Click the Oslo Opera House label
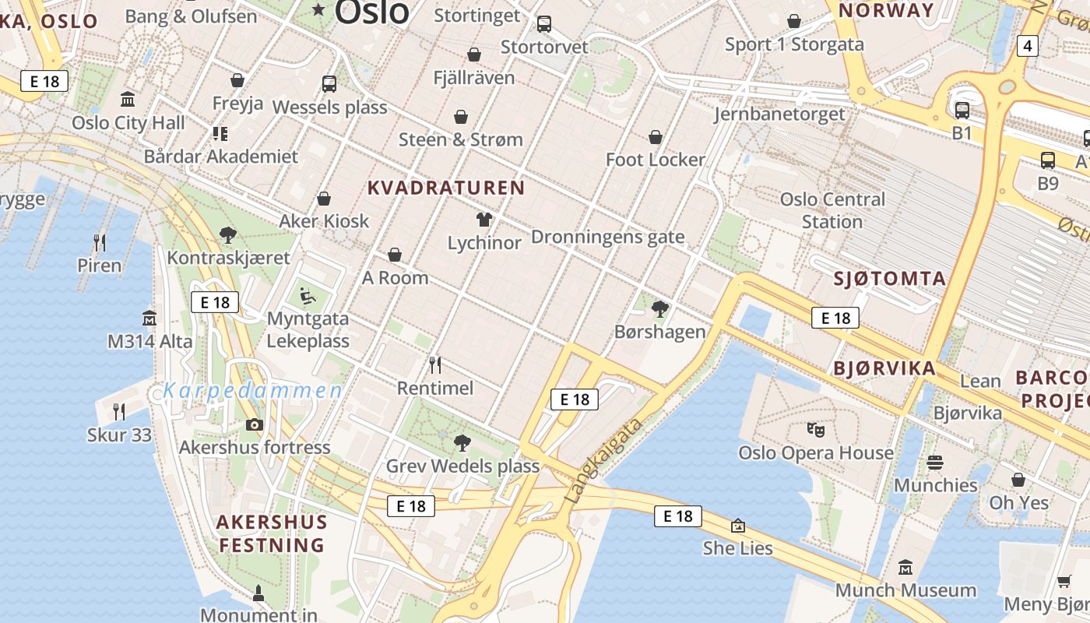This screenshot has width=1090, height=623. tap(815, 452)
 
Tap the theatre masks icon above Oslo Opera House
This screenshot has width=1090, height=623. tap(815, 429)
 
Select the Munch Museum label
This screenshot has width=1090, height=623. tap(905, 590)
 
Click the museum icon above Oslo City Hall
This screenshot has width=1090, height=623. tap(128, 99)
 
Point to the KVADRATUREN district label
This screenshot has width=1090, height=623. tap(446, 188)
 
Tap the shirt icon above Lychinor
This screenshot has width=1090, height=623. tap(484, 220)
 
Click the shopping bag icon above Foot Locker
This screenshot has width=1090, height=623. tap(656, 137)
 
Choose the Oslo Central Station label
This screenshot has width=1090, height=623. tap(832, 210)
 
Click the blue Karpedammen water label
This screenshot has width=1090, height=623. tap(252, 390)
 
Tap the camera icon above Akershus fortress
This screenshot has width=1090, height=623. tap(255, 424)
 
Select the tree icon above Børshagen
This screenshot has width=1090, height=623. tap(660, 309)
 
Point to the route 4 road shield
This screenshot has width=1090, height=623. tap(1028, 46)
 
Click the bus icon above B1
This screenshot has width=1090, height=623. tap(962, 111)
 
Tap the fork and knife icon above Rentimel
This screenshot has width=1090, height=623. tap(435, 364)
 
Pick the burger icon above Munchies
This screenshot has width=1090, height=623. tap(935, 463)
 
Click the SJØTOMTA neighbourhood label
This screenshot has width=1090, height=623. tap(890, 278)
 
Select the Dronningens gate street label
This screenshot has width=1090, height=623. tap(607, 237)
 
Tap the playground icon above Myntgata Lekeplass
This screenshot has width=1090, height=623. tap(308, 296)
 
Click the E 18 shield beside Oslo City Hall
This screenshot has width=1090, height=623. tap(44, 81)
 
